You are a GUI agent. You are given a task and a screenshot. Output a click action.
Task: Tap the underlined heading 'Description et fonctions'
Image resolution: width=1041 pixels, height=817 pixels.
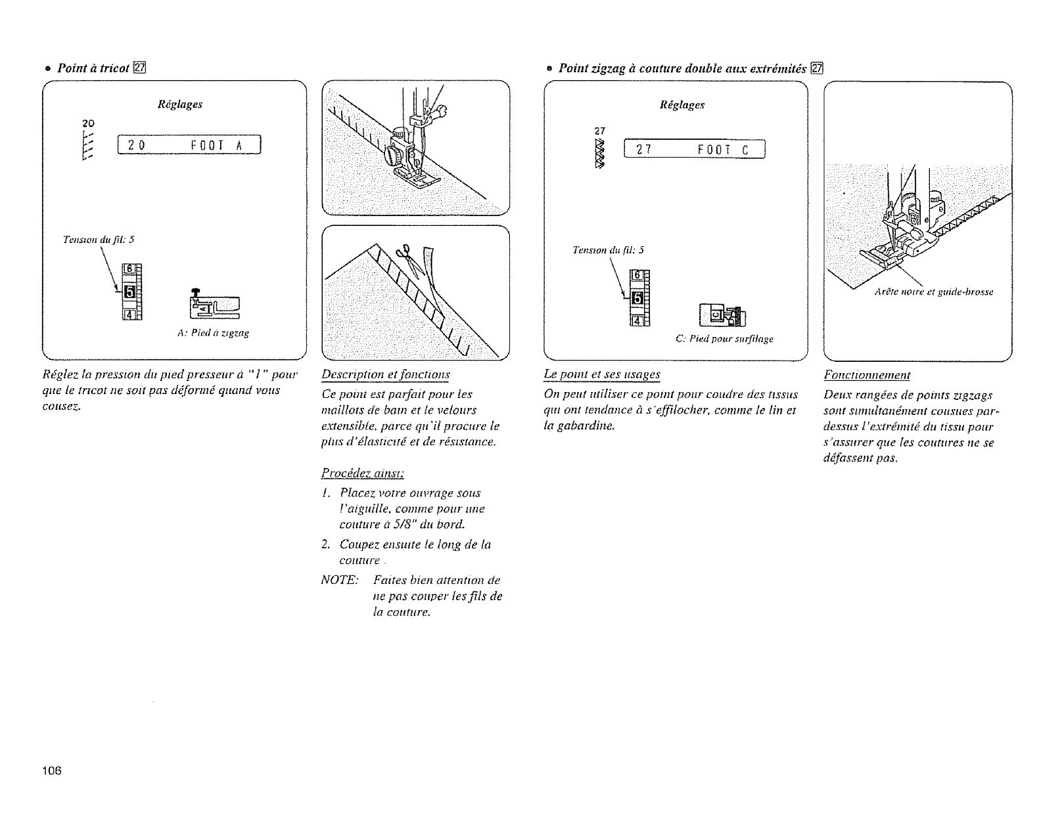click(x=386, y=374)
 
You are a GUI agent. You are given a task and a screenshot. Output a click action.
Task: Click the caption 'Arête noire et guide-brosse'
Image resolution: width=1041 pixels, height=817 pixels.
click(x=933, y=292)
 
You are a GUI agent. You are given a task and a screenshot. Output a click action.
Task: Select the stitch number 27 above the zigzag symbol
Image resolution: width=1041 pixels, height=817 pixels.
click(x=599, y=130)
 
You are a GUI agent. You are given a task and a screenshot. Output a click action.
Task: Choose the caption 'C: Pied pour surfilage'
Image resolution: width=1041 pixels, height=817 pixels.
click(x=724, y=340)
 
